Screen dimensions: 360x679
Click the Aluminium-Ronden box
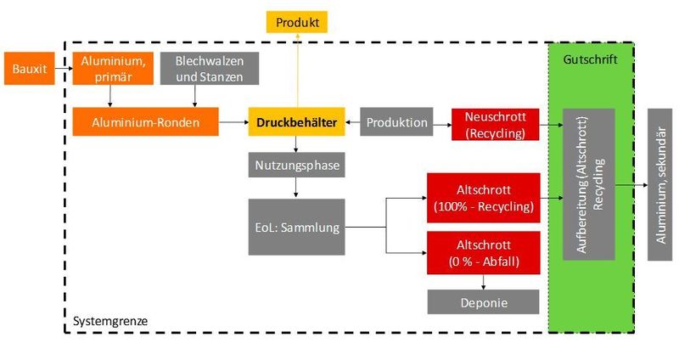tap(145, 122)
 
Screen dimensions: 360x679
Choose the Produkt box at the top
tap(297, 21)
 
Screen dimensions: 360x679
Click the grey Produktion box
tap(397, 122)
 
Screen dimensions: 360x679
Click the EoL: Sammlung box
tap(297, 227)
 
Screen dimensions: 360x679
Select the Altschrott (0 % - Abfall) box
tap(483, 252)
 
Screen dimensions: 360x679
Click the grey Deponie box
tap(483, 301)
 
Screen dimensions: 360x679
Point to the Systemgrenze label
tap(110, 321)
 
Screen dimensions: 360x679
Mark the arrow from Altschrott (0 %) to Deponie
tap(483, 282)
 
